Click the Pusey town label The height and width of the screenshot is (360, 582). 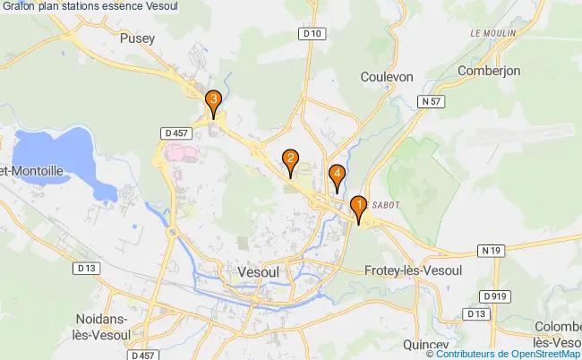coord(137,39)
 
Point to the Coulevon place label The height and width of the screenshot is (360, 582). coord(387,77)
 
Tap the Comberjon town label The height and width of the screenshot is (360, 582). coord(489,70)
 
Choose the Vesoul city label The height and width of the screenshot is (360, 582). coord(260,270)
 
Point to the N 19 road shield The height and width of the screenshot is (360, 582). coord(489,250)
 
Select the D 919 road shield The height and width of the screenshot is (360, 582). coord(492,296)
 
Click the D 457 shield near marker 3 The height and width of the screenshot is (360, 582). coord(175,133)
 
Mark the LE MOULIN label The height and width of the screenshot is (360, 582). coord(492,33)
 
